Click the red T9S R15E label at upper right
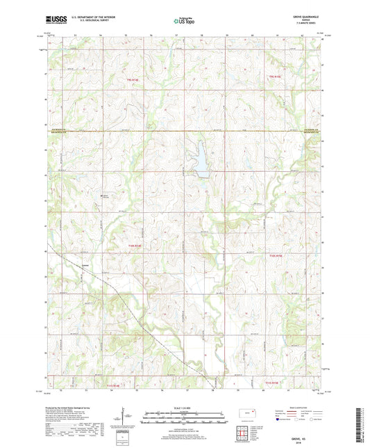click(x=276, y=77)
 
